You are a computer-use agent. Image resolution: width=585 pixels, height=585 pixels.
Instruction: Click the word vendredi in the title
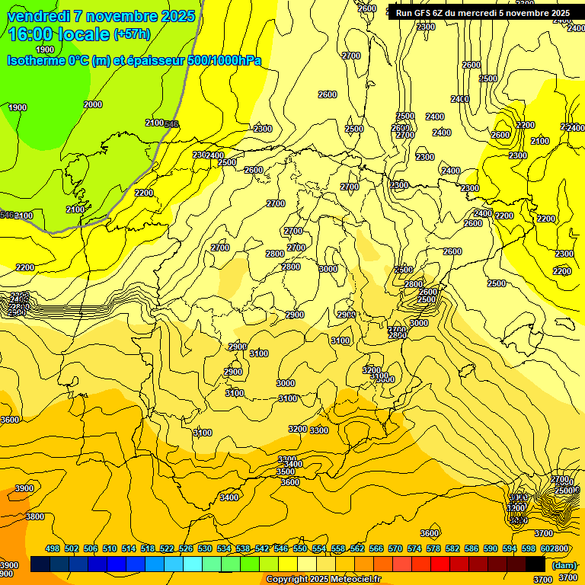pos(38,16)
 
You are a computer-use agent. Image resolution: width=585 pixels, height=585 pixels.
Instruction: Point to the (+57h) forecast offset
pos(132,34)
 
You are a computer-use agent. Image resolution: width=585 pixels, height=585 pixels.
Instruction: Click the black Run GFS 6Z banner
pos(482,13)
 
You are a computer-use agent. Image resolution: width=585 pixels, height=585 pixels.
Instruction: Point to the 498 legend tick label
pos(53,548)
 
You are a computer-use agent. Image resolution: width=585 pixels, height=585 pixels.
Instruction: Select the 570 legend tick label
pos(395,548)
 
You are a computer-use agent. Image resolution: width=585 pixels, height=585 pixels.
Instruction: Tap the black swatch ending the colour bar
pos(535,564)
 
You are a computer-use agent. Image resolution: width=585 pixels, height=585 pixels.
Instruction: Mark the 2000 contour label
pos(93,104)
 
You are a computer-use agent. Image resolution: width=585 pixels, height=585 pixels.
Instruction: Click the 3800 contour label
pos(35,516)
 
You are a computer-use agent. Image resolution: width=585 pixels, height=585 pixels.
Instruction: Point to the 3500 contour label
pos(286,472)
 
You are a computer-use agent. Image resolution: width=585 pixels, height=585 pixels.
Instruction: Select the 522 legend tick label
pos(167,548)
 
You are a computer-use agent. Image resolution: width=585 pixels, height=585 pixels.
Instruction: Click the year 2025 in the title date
pos(176,16)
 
